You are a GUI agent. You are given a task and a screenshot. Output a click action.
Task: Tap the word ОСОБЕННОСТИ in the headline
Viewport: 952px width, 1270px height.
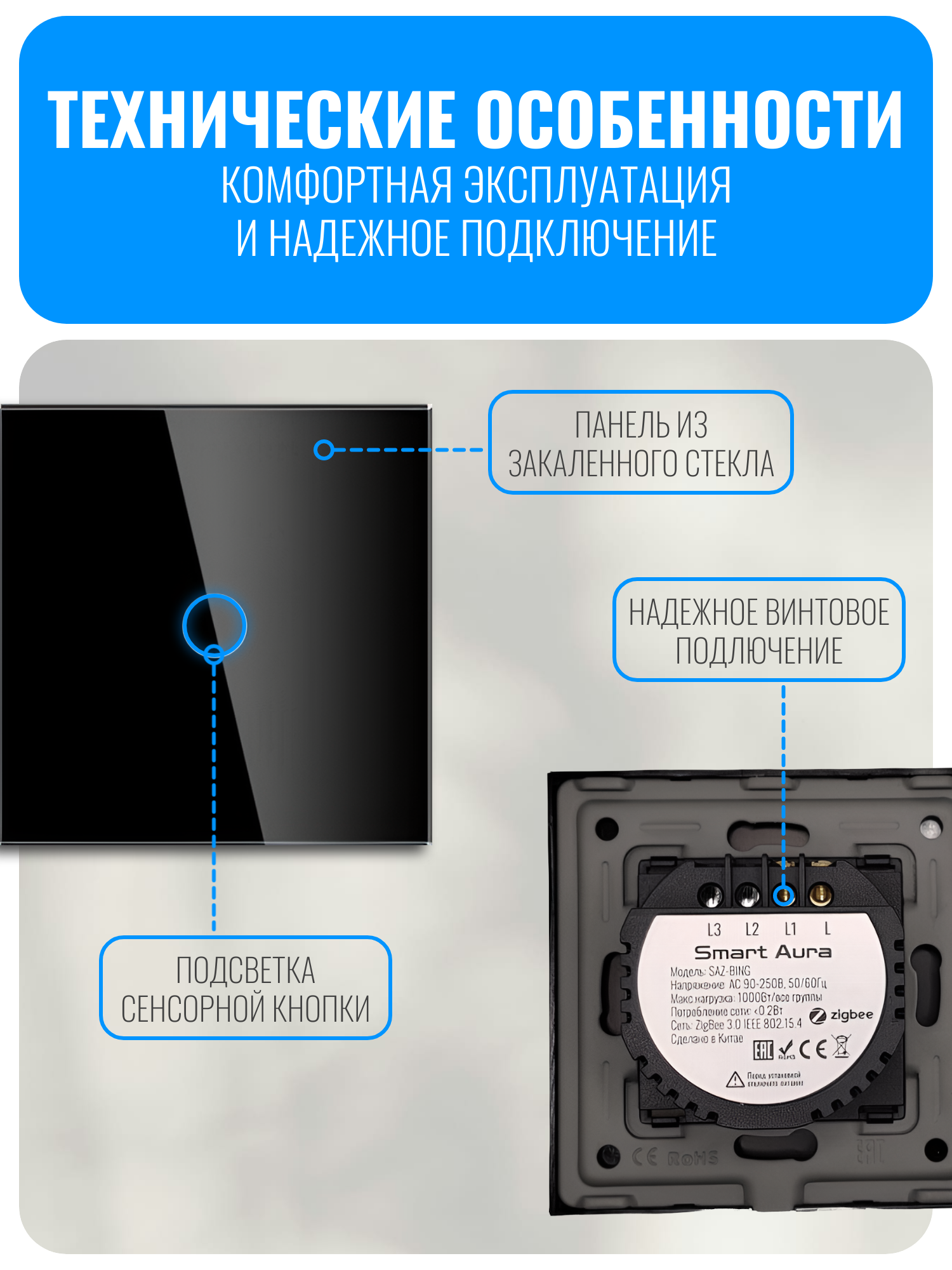click(x=689, y=119)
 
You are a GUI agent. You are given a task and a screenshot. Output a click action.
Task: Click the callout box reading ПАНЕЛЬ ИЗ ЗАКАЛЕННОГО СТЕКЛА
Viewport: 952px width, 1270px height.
click(x=641, y=443)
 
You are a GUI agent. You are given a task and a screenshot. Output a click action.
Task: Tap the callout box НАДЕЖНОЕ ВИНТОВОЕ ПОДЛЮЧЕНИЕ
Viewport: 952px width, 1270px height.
click(x=758, y=630)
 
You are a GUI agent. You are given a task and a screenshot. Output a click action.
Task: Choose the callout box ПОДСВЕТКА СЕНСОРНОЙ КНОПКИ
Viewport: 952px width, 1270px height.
click(x=245, y=988)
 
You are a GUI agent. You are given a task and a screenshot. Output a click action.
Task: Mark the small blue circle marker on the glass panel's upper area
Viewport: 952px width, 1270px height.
click(x=324, y=450)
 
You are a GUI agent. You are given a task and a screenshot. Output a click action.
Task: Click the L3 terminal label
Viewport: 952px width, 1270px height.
click(x=714, y=930)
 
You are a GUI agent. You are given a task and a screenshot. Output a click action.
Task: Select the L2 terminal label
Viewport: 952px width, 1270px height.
click(x=752, y=930)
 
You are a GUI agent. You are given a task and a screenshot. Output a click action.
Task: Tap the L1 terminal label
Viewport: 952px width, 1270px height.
click(x=790, y=930)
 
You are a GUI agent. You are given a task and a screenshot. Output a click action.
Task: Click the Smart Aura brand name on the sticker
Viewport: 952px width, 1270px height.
click(x=762, y=952)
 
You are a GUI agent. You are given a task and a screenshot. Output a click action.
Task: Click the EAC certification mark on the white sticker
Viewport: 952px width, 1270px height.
click(x=763, y=1050)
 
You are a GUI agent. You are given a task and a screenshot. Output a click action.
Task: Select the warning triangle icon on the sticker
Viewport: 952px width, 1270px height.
click(x=735, y=1079)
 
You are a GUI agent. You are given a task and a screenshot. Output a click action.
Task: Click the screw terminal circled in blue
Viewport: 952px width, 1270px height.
click(x=784, y=895)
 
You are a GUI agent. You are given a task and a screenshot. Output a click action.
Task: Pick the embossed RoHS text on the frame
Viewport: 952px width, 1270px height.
click(x=693, y=1158)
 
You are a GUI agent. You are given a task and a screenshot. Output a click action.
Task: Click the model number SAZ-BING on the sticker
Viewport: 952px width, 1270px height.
click(x=729, y=971)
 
